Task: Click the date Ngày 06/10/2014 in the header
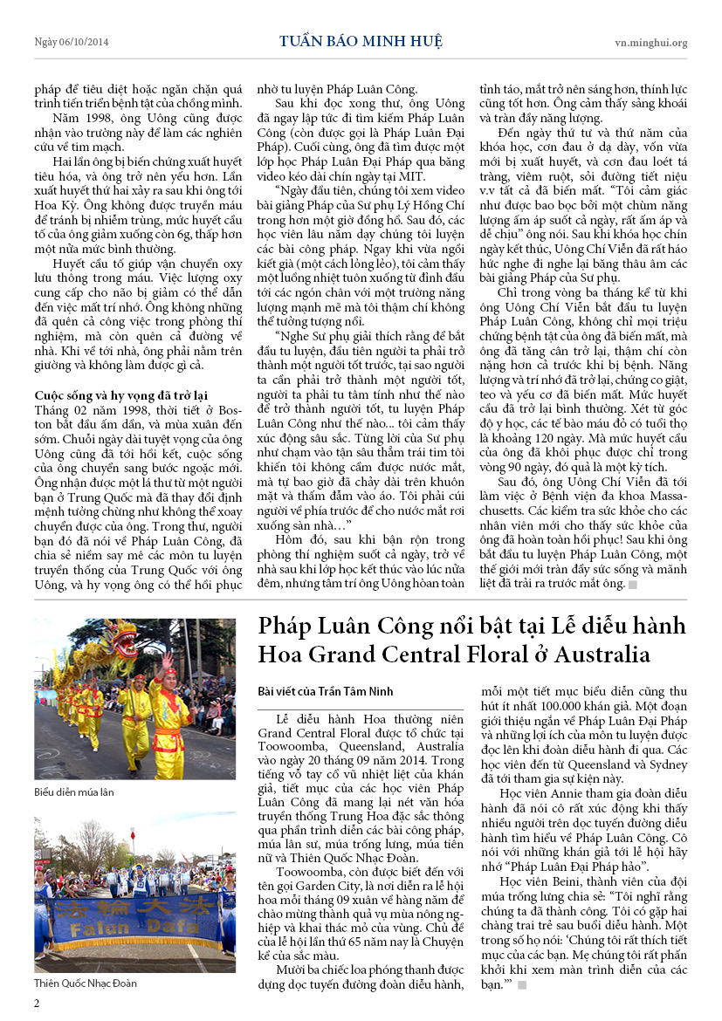pyautogui.click(x=72, y=42)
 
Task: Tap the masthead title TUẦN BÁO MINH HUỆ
pyautogui.click(x=361, y=41)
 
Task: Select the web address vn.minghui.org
pyautogui.click(x=650, y=42)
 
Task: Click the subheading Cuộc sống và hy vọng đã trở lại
pyautogui.click(x=121, y=394)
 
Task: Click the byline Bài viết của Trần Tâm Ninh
pyautogui.click(x=326, y=691)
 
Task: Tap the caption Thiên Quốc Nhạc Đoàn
pyautogui.click(x=86, y=983)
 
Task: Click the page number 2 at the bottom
pyautogui.click(x=37, y=1003)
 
